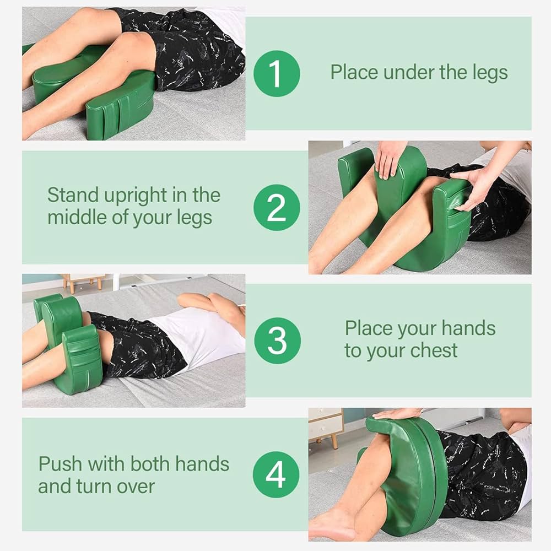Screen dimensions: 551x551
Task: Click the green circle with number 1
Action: tap(277, 73)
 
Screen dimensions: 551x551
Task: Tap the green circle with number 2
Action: tap(277, 207)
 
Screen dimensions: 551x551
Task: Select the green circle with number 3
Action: tap(277, 340)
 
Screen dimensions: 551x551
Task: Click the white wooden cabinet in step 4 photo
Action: tap(325, 423)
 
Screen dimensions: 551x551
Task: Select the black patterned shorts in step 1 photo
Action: tap(193, 50)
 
